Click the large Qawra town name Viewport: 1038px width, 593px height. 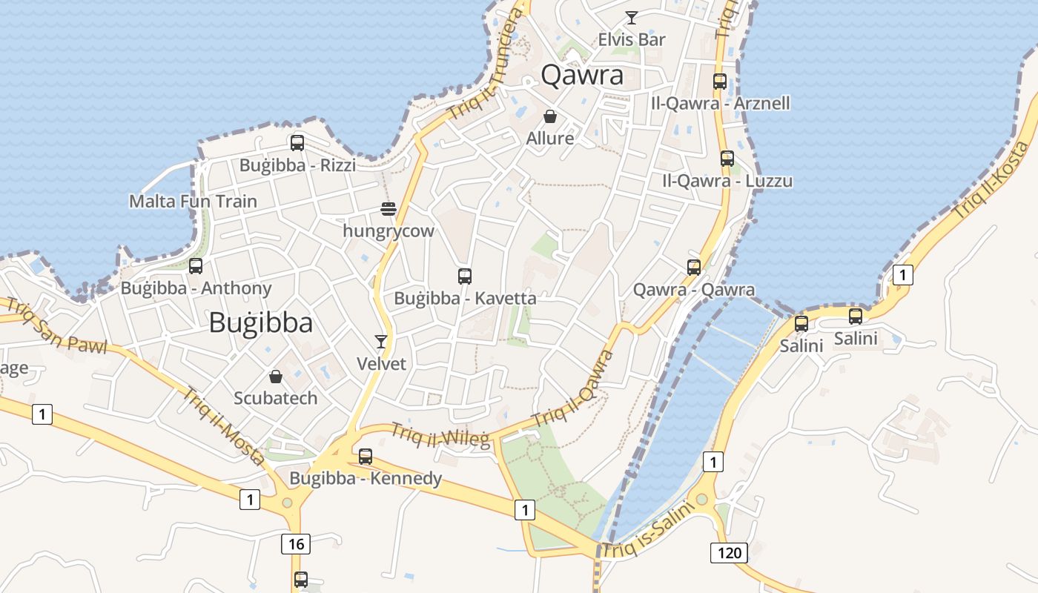pos(582,75)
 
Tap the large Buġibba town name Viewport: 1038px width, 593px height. pos(260,322)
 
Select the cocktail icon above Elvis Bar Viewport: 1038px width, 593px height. pos(632,18)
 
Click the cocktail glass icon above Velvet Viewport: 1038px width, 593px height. pos(381,341)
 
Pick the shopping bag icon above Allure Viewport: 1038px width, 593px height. pos(550,116)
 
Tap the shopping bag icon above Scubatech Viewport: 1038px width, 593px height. pos(276,377)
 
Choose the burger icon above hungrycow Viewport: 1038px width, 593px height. pos(389,209)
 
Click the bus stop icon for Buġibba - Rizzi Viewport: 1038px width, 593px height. pos(297,143)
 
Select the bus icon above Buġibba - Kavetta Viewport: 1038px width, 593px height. pos(465,276)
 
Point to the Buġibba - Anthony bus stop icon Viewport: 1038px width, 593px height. pos(196,266)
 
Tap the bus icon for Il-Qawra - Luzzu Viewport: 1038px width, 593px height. pos(727,159)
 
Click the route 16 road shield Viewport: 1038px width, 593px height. pos(296,544)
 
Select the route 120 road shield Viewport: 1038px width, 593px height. pos(729,552)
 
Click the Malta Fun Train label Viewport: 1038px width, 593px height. pos(193,201)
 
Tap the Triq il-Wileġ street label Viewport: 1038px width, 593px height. pos(440,435)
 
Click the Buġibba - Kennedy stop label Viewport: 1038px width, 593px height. pos(366,478)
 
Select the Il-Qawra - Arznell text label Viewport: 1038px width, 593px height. pos(720,103)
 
